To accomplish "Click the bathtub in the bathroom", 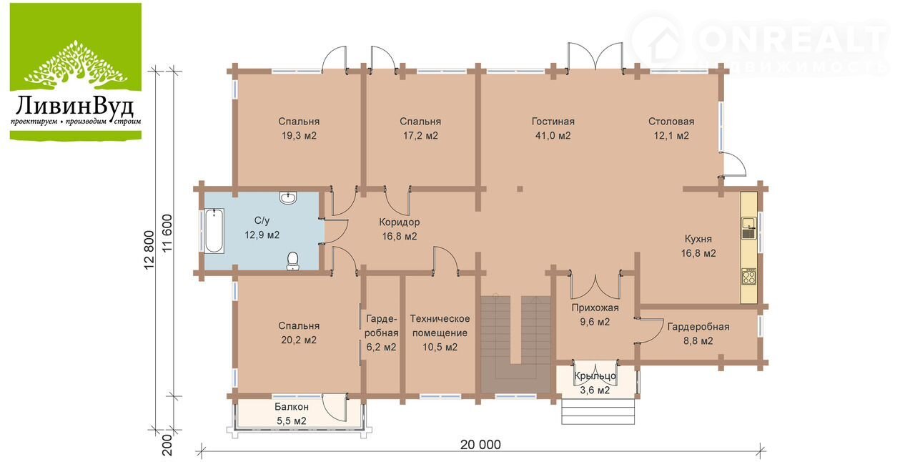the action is click(214, 231).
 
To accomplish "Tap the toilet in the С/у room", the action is click(292, 261).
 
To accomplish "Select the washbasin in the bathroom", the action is click(288, 198).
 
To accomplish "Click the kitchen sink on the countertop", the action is click(748, 228).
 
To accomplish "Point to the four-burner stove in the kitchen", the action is click(748, 276).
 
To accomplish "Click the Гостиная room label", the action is click(553, 122).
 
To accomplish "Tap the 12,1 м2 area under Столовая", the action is click(671, 136).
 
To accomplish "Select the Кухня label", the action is click(698, 239).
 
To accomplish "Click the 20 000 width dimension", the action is click(480, 444).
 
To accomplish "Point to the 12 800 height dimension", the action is click(150, 250).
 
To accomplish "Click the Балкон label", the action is click(291, 407).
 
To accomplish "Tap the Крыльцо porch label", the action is click(595, 375).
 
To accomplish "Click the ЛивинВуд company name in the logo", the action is click(76, 106).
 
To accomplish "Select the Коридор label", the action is click(399, 222).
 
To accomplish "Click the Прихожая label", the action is click(595, 308).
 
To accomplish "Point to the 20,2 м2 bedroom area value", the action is click(299, 340).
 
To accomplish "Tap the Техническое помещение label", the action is click(440, 325).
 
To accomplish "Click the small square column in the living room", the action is click(520, 189).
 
